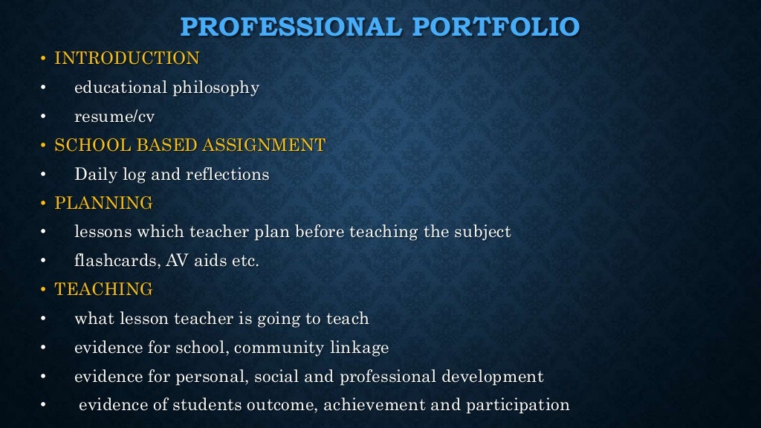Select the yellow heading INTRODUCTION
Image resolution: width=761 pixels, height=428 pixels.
[x=127, y=58]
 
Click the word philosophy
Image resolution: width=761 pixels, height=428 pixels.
[x=216, y=88]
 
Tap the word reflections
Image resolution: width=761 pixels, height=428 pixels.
[x=230, y=175]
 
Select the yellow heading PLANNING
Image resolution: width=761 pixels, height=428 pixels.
[x=103, y=203]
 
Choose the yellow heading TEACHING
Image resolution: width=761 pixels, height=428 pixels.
[x=103, y=289]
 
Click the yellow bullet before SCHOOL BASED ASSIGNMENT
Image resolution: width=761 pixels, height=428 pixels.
[x=44, y=146]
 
